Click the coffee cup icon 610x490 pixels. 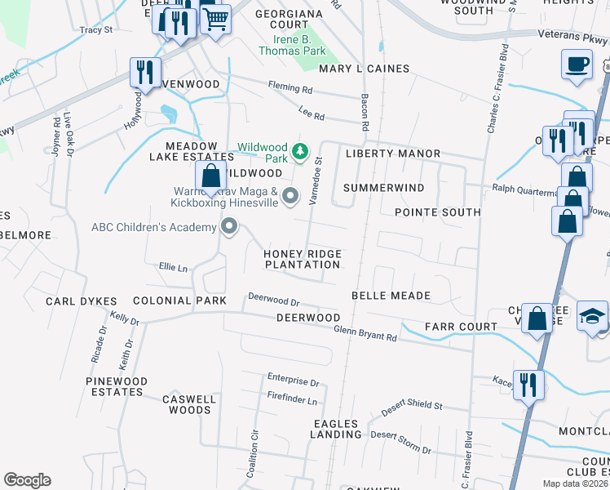576,64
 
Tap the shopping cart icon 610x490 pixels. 214,18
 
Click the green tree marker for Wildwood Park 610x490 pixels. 300,150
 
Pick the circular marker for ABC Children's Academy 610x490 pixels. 230,227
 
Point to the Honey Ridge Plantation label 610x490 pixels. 302,259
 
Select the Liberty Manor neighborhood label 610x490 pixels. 392,154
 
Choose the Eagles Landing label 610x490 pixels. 334,429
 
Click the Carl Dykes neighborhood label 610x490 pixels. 82,301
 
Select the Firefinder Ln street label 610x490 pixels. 291,400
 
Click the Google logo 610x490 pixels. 27,480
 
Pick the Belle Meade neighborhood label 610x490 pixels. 390,295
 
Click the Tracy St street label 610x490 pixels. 95,29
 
